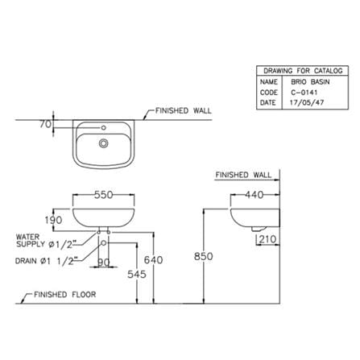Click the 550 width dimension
pyautogui.click(x=103, y=195)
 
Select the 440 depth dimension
pyautogui.click(x=254, y=195)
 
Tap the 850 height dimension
pyautogui.click(x=204, y=256)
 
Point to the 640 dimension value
pyautogui.click(x=153, y=260)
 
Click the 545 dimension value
pyautogui.click(x=137, y=274)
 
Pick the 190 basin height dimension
pyautogui.click(x=53, y=220)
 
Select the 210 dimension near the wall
pyautogui.click(x=267, y=239)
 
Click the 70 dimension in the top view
pyautogui.click(x=45, y=124)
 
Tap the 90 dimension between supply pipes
pyautogui.click(x=104, y=263)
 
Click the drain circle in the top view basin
pyautogui.click(x=103, y=143)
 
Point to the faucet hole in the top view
pyautogui.click(x=103, y=128)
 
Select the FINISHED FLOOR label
pyautogui.click(x=65, y=295)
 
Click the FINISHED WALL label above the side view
pyautogui.click(x=243, y=175)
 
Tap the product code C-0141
pyautogui.click(x=304, y=93)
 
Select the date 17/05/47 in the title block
pyautogui.click(x=307, y=102)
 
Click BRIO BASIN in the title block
pyautogui.click(x=310, y=82)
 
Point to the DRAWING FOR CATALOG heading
pyautogui.click(x=303, y=71)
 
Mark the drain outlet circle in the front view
pyautogui.click(x=103, y=243)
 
